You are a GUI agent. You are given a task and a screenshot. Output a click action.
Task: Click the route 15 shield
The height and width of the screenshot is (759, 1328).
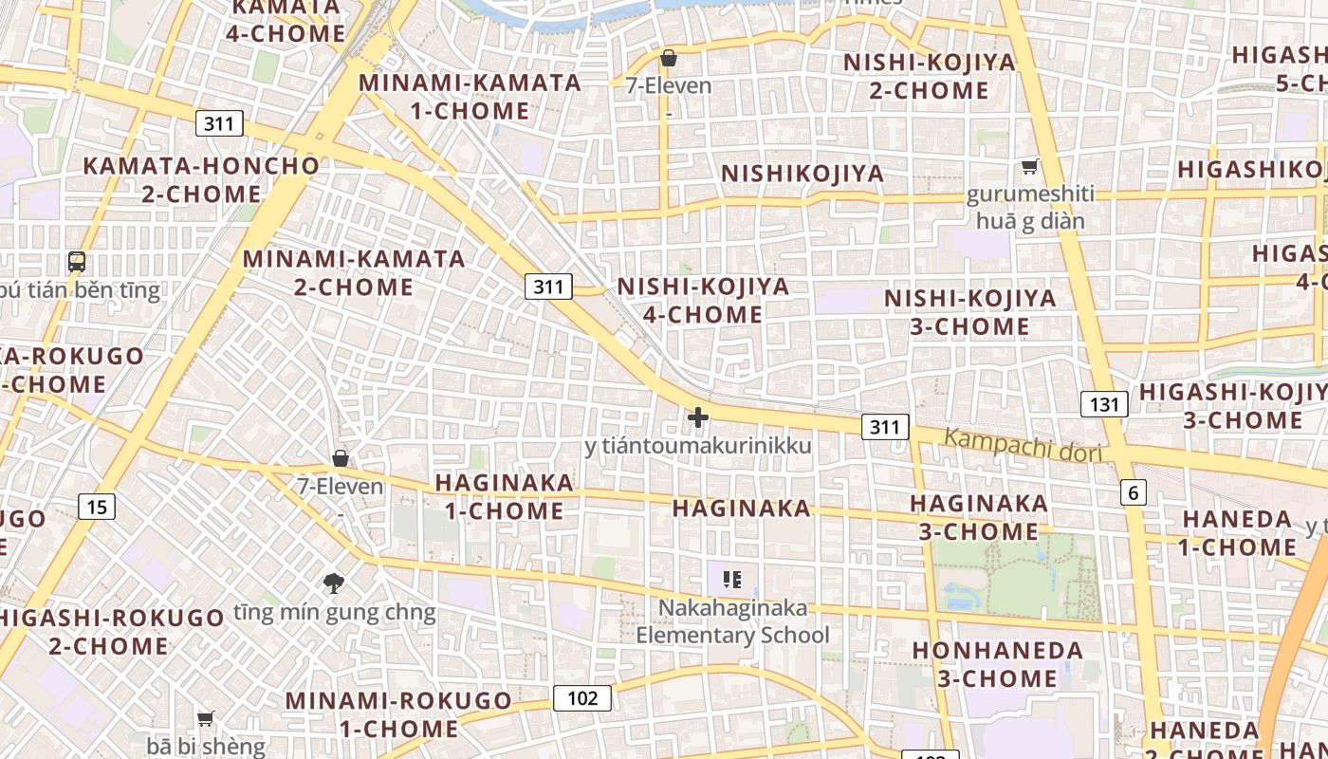coord(97,507)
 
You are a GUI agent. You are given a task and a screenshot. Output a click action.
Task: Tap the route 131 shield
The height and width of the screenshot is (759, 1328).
coord(1104,404)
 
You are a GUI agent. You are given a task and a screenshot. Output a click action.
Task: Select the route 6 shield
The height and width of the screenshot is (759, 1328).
coord(1133,492)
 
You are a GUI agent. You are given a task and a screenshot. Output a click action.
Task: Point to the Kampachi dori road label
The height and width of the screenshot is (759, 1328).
coord(1023,445)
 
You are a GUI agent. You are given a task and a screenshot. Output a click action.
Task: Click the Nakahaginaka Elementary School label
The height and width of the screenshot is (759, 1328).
coord(732,621)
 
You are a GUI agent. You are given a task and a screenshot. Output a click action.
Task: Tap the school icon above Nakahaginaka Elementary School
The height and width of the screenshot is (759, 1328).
coord(731,579)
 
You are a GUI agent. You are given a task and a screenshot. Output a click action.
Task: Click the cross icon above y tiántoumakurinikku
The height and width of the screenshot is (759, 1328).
coord(698,417)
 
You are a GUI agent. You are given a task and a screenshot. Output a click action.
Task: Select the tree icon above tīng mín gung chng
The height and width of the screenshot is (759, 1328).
coord(333,583)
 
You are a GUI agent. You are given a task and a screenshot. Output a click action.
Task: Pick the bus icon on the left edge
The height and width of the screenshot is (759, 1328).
coord(77,262)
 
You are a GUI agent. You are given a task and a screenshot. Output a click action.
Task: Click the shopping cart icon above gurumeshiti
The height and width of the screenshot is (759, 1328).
coord(1029,167)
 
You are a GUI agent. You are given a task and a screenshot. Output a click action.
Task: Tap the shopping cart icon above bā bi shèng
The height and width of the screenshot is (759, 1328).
coord(205,718)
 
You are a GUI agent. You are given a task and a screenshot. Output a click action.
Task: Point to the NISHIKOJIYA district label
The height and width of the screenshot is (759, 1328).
coord(802,174)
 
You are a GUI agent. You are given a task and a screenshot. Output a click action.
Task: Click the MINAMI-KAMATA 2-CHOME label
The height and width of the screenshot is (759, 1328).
coord(354,272)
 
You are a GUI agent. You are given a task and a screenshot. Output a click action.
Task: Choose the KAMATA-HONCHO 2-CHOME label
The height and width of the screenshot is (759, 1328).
coord(201,179)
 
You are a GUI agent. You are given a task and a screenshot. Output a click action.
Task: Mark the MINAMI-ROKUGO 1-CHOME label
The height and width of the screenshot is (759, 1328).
coord(398,714)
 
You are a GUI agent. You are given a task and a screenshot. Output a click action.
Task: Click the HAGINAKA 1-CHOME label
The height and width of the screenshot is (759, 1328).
coord(504,496)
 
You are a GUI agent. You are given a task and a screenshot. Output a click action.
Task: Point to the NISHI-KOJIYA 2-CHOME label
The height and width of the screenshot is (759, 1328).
coord(929,76)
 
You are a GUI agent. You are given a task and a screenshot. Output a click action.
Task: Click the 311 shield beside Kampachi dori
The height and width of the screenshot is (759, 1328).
coord(884,427)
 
